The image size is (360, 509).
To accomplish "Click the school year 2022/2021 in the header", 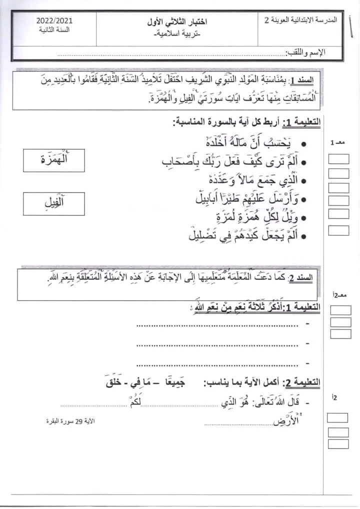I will (x=54, y=20).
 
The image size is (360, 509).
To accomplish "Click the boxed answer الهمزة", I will (x=54, y=160).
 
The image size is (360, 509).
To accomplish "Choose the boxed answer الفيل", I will (x=54, y=204).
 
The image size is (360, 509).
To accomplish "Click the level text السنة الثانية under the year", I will (x=54, y=30).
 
